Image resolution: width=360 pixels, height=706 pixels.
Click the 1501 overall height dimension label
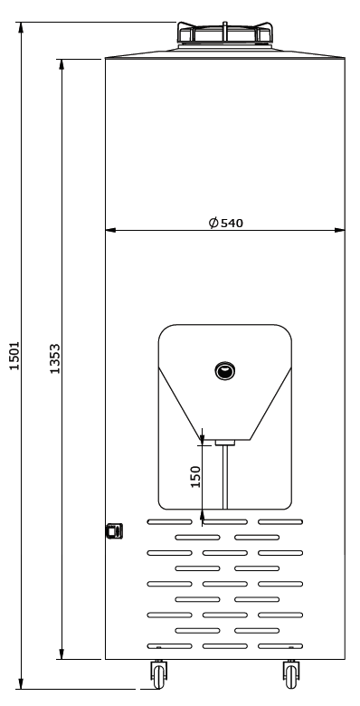pyautogui.click(x=14, y=356)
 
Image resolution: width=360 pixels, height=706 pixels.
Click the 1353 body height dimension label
pyautogui.click(x=55, y=358)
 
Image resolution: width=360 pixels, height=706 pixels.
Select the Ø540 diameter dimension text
pyautogui.click(x=226, y=223)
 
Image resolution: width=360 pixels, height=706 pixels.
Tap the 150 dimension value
pyautogui.click(x=195, y=477)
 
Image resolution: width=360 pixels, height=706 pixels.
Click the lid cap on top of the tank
pyautogui.click(x=224, y=33)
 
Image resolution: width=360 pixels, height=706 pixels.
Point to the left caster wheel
pyautogui.click(x=158, y=675)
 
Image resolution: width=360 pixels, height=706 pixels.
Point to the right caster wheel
pyautogui.click(x=291, y=675)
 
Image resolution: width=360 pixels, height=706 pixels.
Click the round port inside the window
pyautogui.click(x=225, y=371)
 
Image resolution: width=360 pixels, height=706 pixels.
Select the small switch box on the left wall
pyautogui.click(x=114, y=530)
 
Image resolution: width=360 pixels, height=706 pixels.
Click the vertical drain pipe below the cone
pyautogui.click(x=225, y=477)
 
